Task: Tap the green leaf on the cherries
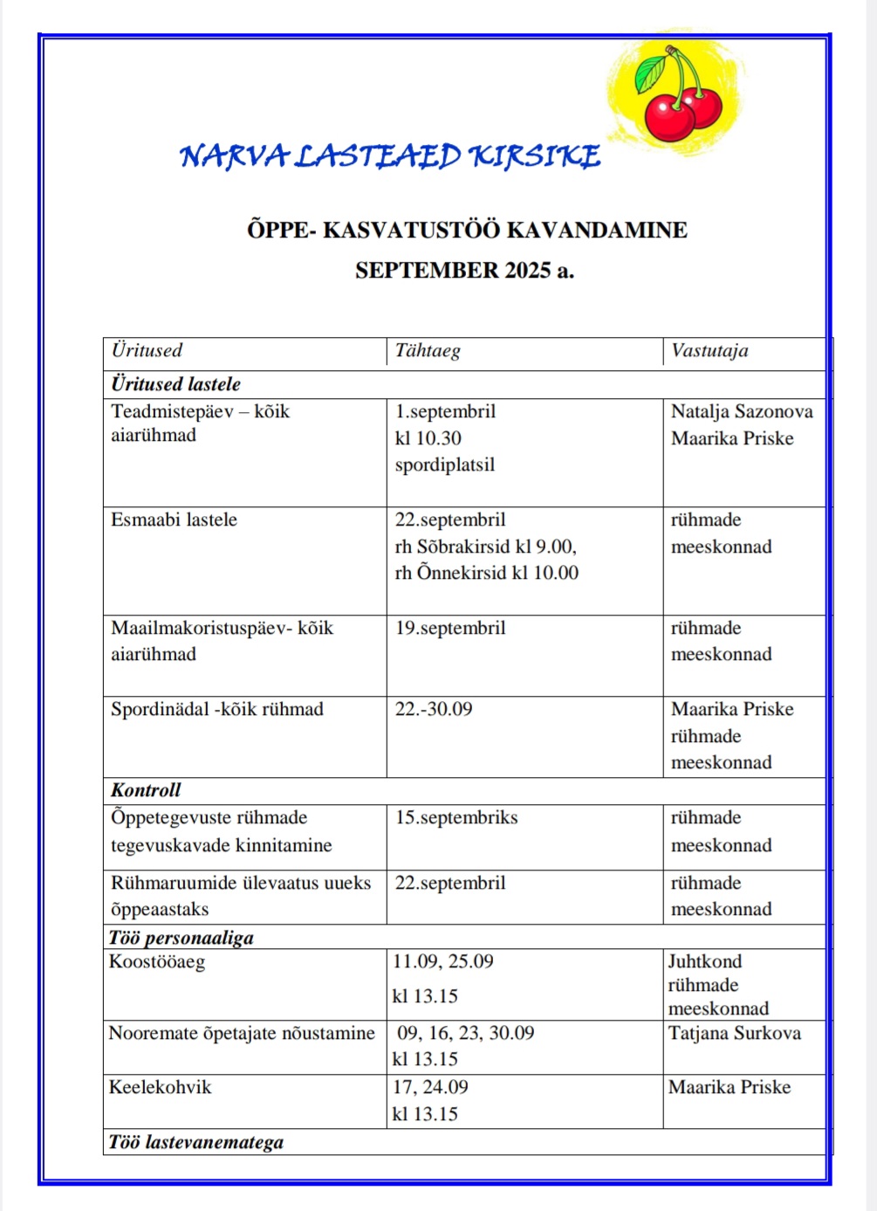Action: click(650, 74)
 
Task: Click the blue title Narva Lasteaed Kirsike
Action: click(390, 157)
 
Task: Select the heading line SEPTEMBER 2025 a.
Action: click(464, 271)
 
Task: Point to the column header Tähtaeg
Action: click(428, 351)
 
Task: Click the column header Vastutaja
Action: click(709, 351)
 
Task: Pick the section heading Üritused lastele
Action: click(175, 384)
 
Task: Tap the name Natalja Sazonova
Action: click(742, 411)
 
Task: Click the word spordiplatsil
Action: click(444, 464)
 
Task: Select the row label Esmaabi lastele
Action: click(174, 519)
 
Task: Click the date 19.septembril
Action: click(450, 628)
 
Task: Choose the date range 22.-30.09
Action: click(434, 709)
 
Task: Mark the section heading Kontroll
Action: click(146, 790)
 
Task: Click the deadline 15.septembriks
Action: click(456, 817)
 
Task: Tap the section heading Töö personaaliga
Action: click(182, 938)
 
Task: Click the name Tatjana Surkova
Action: click(735, 1033)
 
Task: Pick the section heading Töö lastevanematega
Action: click(196, 1142)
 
